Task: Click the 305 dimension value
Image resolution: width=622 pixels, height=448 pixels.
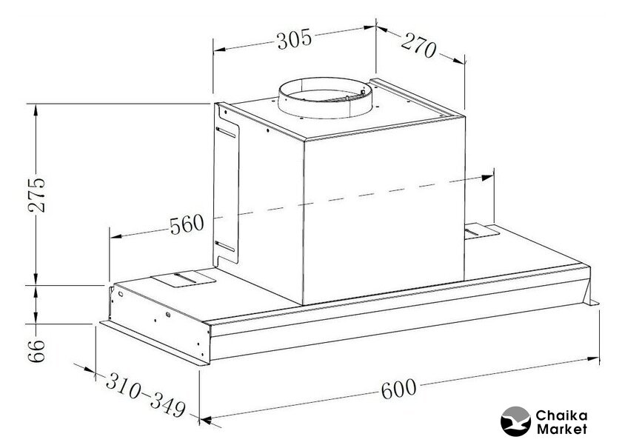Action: tap(295, 39)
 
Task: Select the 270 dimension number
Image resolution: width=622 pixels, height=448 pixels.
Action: tap(418, 46)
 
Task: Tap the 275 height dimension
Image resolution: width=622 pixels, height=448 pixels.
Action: tap(37, 195)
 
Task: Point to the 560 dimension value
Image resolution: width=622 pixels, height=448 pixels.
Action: tap(187, 224)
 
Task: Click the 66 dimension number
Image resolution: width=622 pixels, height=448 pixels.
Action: tap(37, 350)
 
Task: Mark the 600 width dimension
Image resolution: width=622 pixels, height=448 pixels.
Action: tap(398, 389)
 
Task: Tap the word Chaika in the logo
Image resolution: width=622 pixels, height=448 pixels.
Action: tap(561, 416)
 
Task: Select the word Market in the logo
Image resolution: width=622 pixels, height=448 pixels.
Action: tap(561, 429)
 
